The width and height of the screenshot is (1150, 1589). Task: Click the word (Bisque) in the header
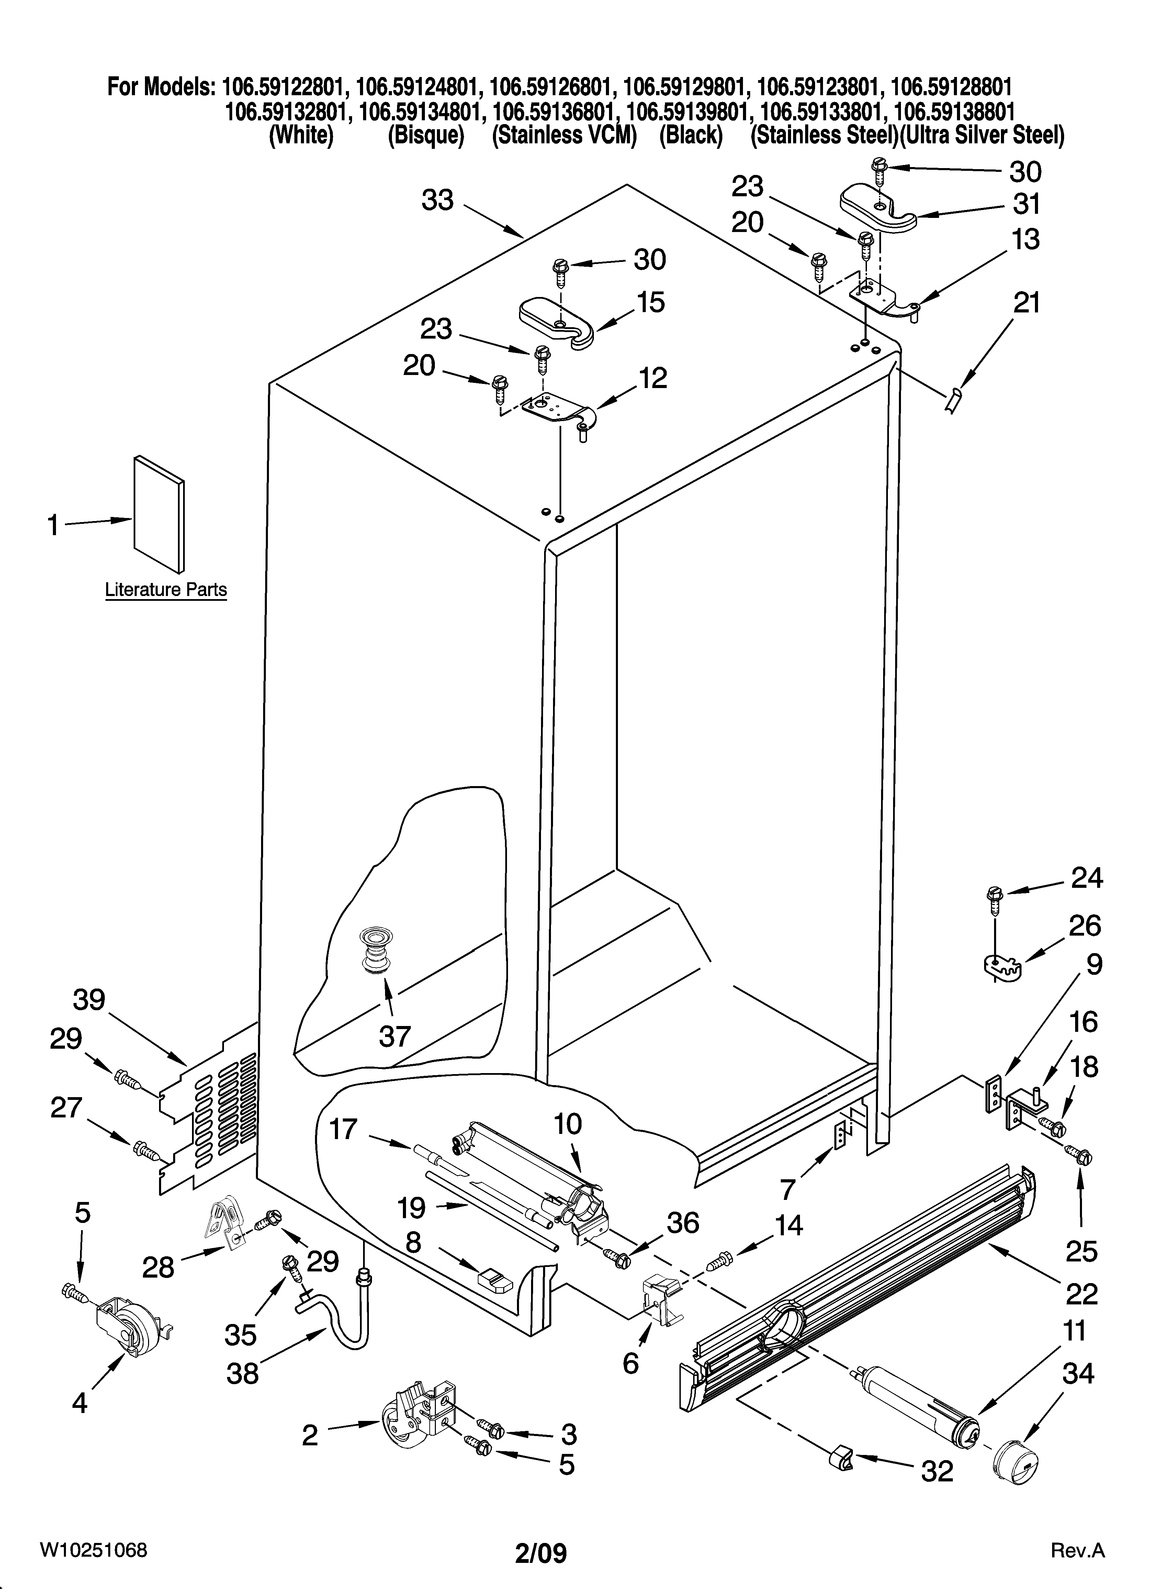pos(426,134)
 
